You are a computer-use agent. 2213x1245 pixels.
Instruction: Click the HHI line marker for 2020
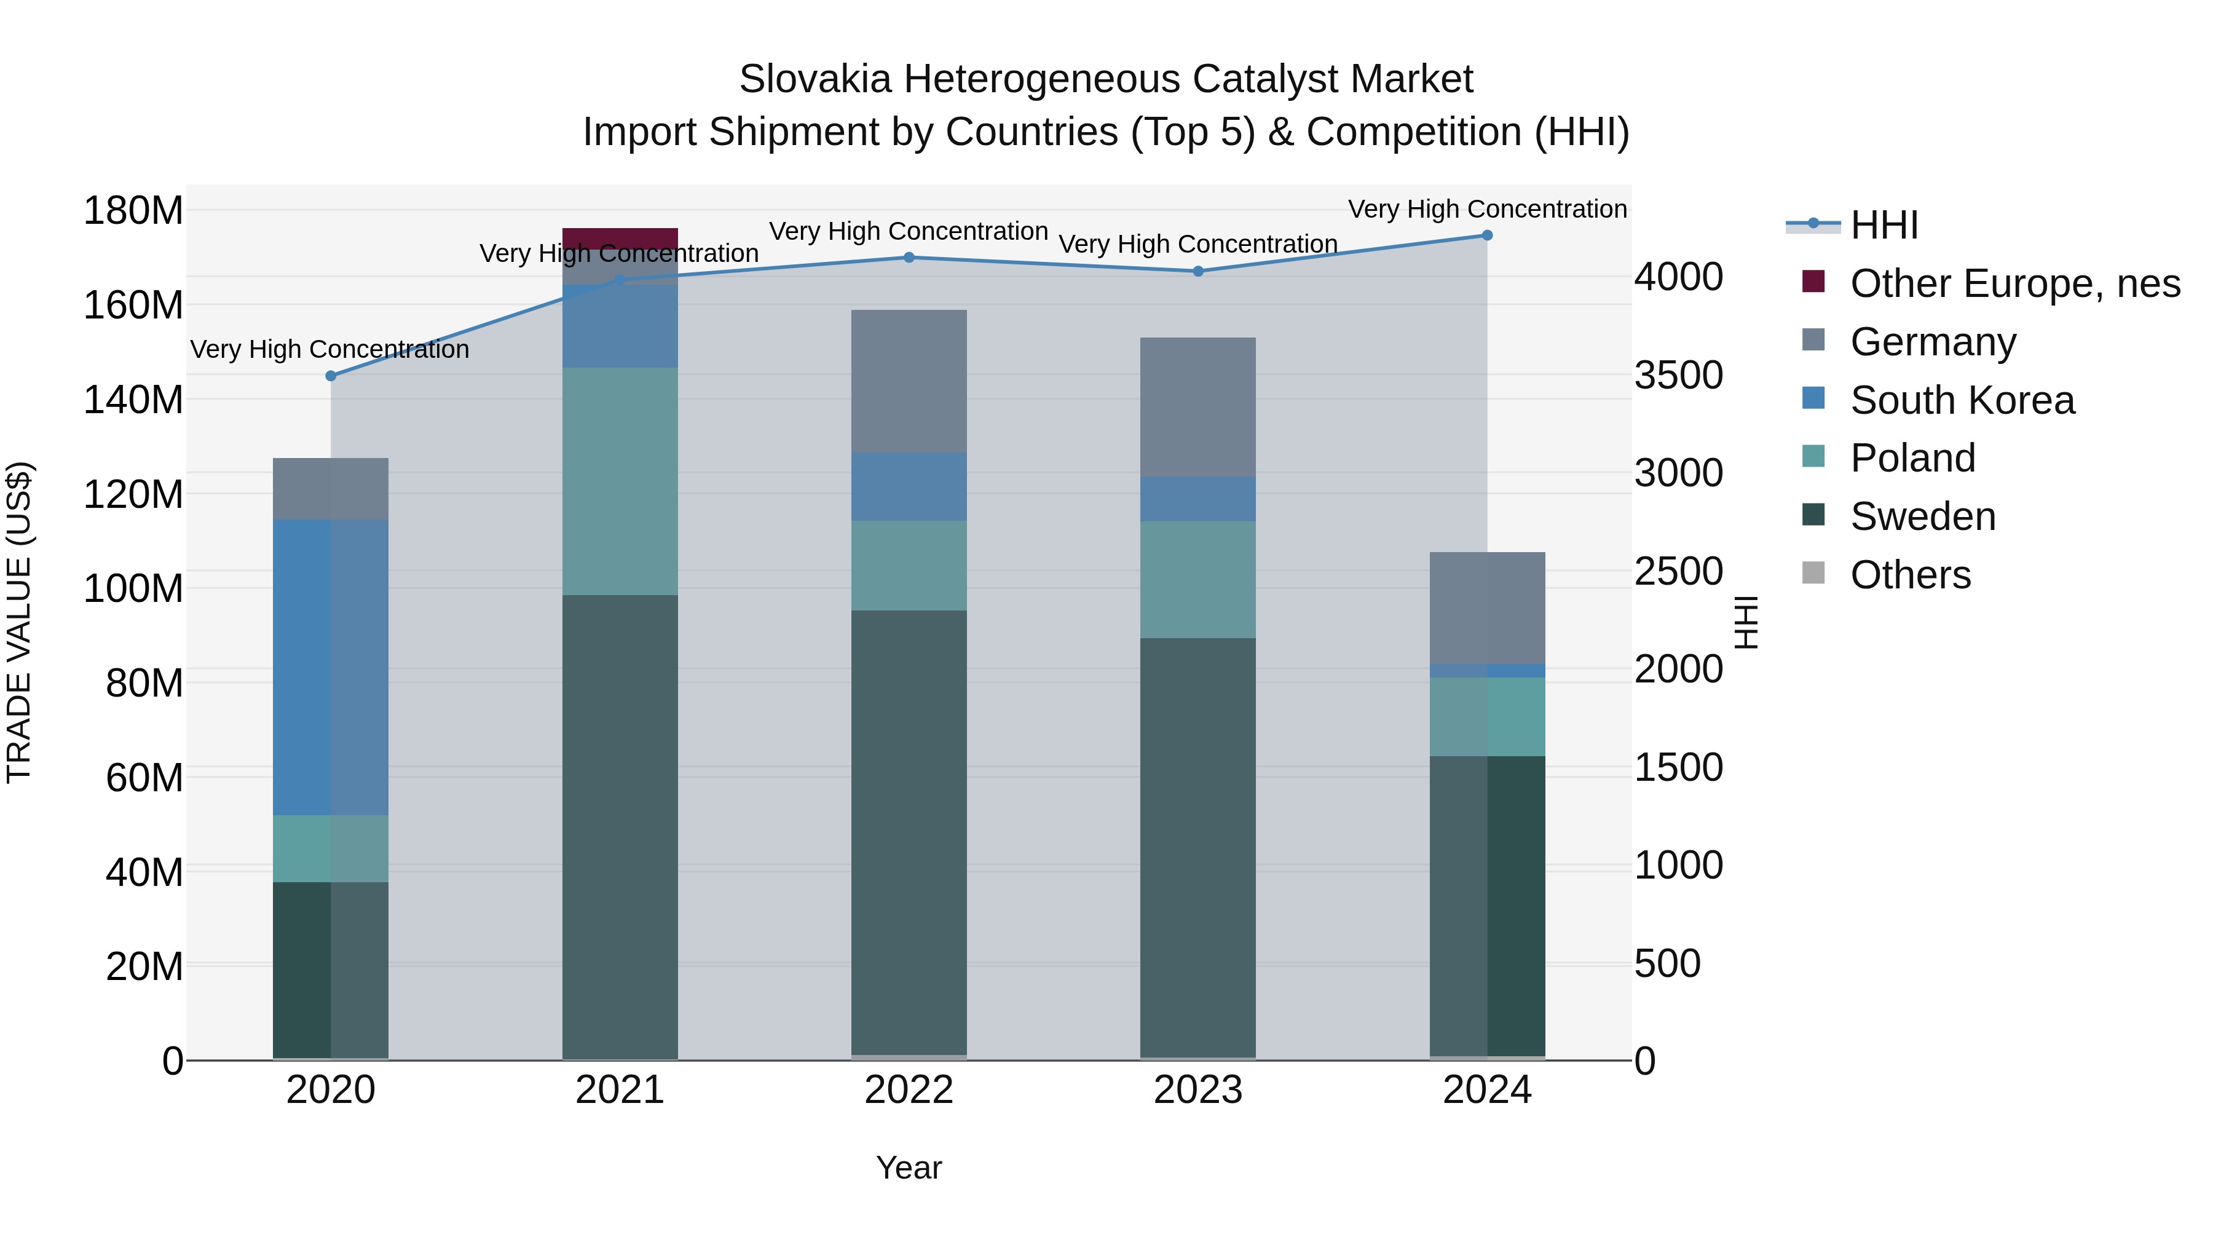point(331,376)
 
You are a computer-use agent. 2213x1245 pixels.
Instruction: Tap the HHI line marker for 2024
point(1487,235)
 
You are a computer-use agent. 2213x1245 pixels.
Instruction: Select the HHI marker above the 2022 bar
point(909,257)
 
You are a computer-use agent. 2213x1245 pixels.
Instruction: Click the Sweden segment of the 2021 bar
point(620,825)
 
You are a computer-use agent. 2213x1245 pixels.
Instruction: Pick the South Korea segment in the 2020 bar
point(331,666)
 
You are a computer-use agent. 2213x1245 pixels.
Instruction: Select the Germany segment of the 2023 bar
point(1197,407)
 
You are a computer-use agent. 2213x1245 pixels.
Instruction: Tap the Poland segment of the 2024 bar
point(1487,717)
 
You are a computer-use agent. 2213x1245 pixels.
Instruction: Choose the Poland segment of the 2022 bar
point(909,566)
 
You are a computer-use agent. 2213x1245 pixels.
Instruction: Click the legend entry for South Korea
point(1962,400)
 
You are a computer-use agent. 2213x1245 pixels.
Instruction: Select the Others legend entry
point(1910,575)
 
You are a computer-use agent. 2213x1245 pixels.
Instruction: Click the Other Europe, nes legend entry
point(2014,283)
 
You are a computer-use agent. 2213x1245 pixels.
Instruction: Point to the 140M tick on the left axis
point(133,400)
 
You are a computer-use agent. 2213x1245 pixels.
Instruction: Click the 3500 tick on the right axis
point(1678,376)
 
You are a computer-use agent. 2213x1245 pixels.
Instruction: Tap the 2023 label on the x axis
point(1197,1090)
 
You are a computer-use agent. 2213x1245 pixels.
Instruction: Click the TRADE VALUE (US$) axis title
point(19,622)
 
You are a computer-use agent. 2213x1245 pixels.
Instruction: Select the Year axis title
point(909,1168)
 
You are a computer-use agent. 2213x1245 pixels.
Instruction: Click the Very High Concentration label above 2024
point(1487,209)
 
